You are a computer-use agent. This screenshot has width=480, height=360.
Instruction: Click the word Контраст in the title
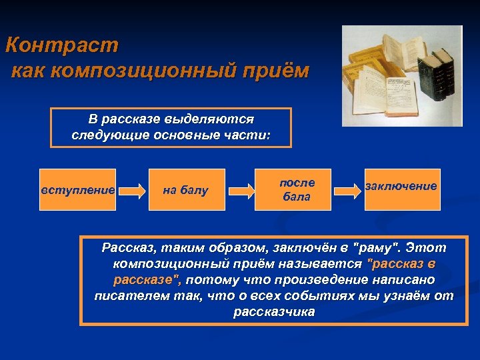tap(61, 46)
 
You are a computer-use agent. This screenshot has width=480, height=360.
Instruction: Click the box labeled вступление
tap(78, 190)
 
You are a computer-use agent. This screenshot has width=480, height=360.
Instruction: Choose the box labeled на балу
tap(186, 190)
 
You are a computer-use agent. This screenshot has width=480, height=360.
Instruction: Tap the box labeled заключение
tap(401, 187)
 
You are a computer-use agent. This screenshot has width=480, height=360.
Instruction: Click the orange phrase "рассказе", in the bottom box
tap(148, 279)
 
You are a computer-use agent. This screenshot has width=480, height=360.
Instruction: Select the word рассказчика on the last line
tap(274, 311)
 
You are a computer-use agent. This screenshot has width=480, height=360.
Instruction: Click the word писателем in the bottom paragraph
tap(128, 295)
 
